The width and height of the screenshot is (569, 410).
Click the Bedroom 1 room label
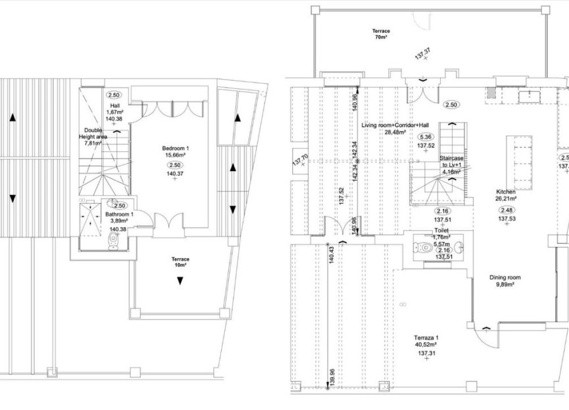(x=174, y=149)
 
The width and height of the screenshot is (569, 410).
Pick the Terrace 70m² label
(x=381, y=34)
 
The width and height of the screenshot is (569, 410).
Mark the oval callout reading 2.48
(x=507, y=210)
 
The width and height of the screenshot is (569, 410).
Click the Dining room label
(x=506, y=278)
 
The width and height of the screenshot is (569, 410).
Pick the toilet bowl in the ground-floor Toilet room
(x=423, y=249)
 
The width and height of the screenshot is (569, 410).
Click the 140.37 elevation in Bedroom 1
(x=174, y=173)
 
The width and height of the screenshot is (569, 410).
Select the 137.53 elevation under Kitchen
(x=507, y=218)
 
